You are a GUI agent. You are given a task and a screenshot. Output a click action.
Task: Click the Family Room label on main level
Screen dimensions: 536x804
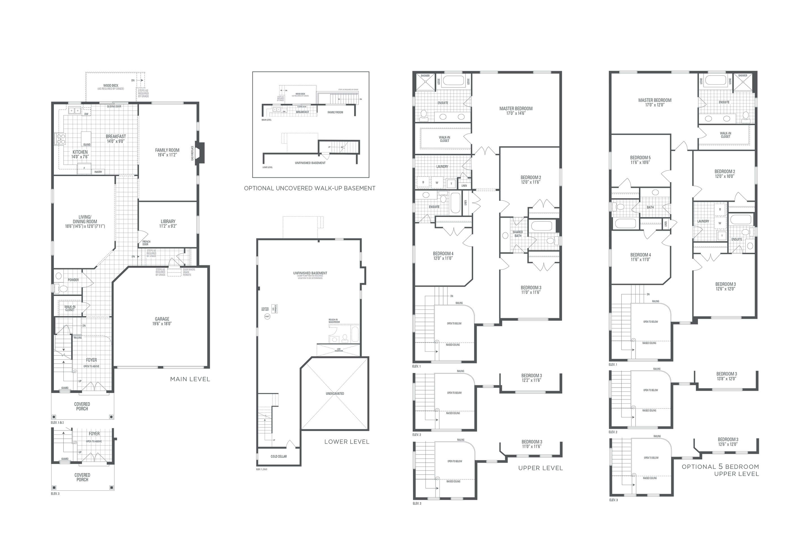point(167,152)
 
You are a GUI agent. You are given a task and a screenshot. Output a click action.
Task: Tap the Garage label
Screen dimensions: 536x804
point(162,321)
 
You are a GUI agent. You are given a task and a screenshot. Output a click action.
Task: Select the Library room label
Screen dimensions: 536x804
point(168,223)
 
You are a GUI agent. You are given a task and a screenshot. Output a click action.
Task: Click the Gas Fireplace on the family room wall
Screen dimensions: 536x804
point(200,153)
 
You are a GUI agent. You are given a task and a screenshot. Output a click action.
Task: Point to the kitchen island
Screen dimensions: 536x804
point(86,139)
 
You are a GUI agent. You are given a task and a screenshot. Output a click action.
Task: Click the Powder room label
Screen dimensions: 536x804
point(73,280)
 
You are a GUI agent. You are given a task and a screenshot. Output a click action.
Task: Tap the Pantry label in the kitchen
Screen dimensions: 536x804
point(98,172)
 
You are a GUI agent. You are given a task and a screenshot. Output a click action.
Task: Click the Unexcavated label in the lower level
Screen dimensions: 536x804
point(335,394)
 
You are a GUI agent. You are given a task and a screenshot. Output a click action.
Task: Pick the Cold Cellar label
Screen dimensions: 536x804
point(279,456)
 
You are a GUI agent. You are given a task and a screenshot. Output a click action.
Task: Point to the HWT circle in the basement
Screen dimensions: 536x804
point(267,317)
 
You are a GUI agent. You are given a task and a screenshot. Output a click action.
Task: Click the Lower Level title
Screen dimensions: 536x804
point(347,442)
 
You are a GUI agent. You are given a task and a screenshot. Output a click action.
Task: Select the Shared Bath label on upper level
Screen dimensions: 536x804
point(518,234)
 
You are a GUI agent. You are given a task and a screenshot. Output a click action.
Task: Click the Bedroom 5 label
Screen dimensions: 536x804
point(640,160)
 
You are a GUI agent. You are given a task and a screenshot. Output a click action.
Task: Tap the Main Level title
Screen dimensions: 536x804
point(190,379)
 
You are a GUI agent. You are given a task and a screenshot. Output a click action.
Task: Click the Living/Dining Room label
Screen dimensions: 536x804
point(85,221)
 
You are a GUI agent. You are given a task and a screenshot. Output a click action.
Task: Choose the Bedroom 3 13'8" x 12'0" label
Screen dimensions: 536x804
point(726,376)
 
